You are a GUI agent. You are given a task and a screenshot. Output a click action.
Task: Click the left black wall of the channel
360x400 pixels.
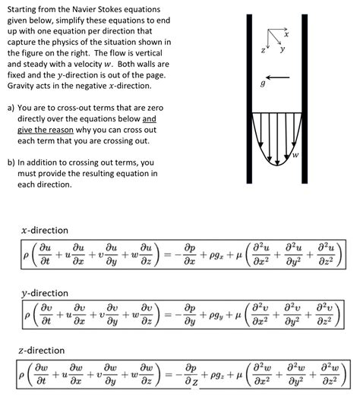point(249,99)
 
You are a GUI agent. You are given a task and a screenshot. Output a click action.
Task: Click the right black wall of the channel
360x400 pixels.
point(305,99)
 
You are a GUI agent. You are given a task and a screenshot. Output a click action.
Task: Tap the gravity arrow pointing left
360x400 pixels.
point(277,77)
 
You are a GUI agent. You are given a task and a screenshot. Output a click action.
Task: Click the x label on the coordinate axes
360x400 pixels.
point(286,34)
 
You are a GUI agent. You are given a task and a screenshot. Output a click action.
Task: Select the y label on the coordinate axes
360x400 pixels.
point(282,49)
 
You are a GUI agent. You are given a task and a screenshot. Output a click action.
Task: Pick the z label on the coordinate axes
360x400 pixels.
point(263,50)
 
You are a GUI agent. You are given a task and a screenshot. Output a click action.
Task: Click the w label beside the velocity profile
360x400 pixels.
point(295,155)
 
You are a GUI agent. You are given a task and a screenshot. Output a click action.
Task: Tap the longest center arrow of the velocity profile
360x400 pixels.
point(277,139)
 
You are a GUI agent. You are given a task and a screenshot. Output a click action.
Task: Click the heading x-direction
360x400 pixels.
point(45,230)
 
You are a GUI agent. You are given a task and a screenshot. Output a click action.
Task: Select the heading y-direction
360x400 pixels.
point(45,294)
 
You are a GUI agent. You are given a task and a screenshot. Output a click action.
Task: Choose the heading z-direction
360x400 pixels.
point(42,350)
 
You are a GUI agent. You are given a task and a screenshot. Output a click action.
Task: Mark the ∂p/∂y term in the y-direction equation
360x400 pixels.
point(190,315)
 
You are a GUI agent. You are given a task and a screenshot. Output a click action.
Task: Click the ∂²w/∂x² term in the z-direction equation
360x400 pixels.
point(262,375)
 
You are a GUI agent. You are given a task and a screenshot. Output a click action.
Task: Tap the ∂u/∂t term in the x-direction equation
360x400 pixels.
point(45,254)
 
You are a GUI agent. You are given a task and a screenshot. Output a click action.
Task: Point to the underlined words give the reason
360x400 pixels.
point(46,130)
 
